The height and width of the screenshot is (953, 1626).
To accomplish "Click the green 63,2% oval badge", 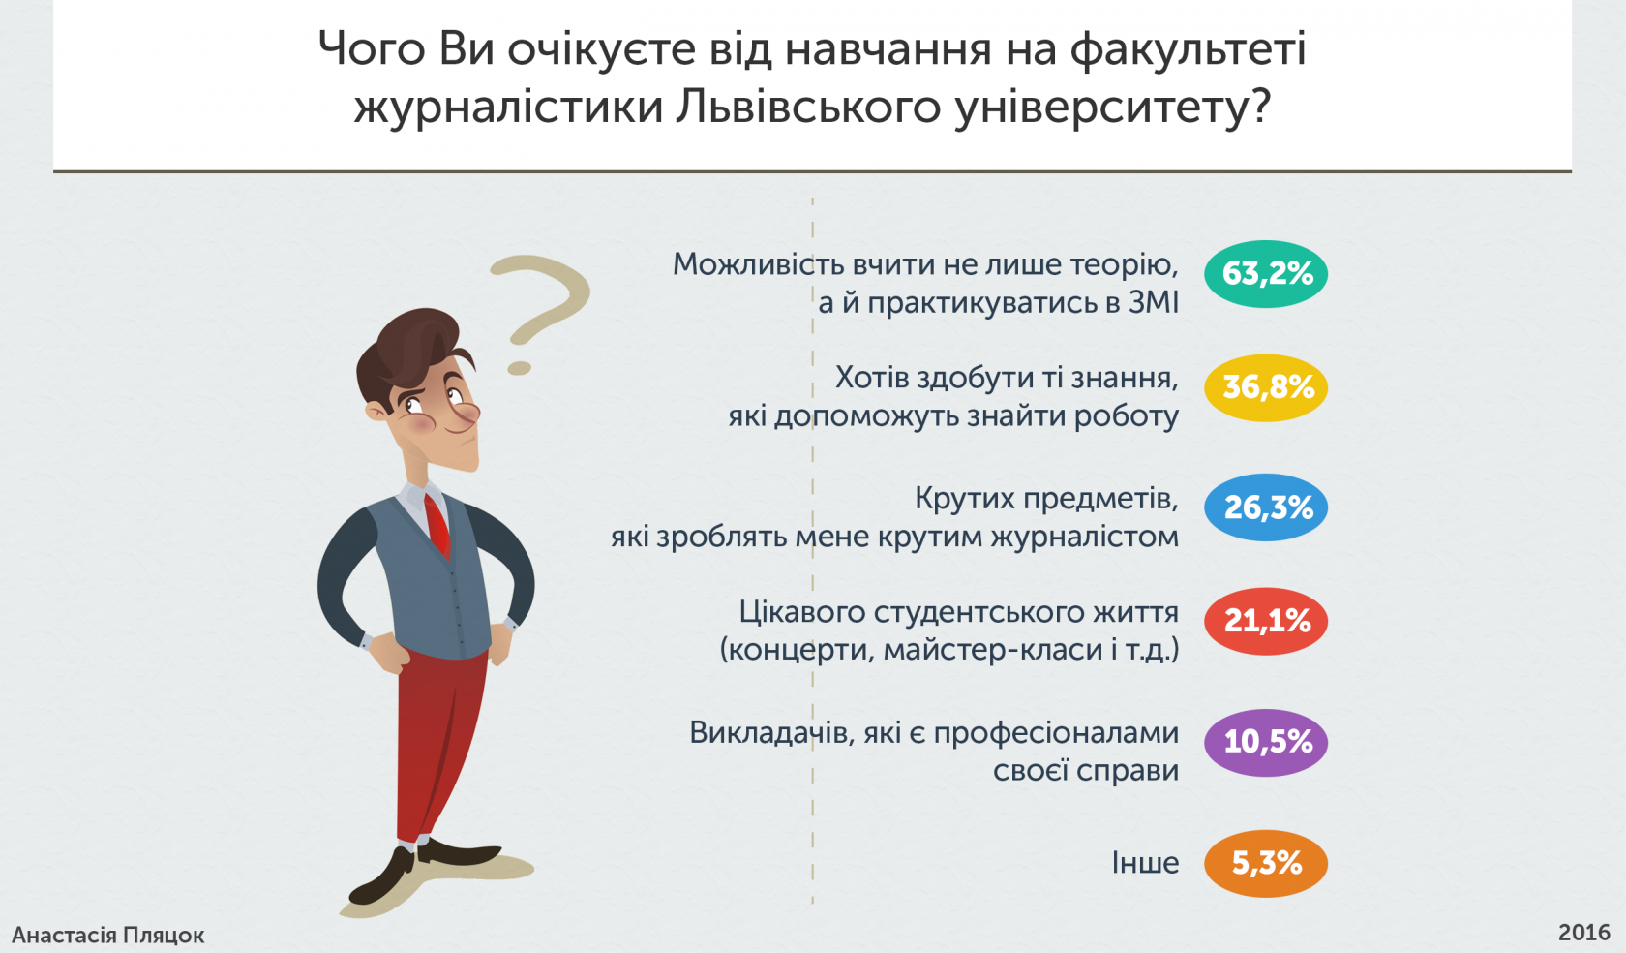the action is point(1266,274).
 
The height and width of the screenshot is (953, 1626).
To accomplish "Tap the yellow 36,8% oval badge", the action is point(1266,387).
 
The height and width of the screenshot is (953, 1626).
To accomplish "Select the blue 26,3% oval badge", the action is point(1266,507).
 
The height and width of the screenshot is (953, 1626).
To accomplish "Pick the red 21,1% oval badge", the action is point(1266,621).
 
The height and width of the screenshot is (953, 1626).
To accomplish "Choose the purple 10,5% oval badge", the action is point(1266,742).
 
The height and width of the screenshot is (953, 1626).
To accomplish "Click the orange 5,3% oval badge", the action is point(1266,864).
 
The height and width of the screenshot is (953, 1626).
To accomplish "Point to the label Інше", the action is point(1145,863).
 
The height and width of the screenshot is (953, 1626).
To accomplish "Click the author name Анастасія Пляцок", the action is point(108,936).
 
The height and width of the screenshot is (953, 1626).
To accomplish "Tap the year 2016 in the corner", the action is point(1584,933).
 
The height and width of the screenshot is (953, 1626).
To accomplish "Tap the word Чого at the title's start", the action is point(372,49).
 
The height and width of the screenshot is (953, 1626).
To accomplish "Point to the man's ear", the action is point(377,411).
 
